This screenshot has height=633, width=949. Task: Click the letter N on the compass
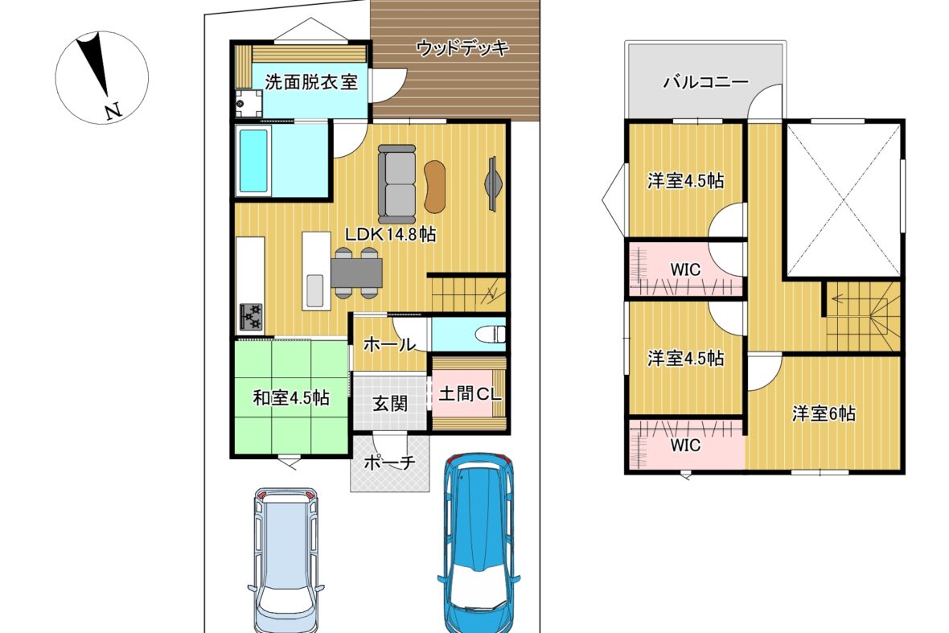[x=113, y=111]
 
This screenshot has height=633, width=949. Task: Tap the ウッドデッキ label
[x=463, y=47]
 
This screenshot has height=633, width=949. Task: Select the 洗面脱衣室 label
[x=311, y=82]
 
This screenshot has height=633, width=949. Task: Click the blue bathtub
[x=253, y=160]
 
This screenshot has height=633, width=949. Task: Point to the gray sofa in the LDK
[x=397, y=184]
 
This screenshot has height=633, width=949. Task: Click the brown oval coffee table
[x=435, y=187]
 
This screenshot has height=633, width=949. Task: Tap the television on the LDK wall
[x=493, y=184]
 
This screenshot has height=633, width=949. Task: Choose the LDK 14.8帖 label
[x=390, y=235]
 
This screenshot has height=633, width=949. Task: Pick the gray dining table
[x=357, y=273]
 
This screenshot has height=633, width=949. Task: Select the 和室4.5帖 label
[x=291, y=398]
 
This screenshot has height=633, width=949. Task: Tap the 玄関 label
[x=390, y=404]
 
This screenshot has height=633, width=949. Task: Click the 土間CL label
[x=470, y=394]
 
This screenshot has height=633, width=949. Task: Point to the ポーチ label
[x=390, y=462]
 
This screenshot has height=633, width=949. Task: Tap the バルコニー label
[x=705, y=82]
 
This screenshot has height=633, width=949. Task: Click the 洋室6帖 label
[x=824, y=414]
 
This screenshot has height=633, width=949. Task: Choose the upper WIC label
[x=685, y=270]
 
